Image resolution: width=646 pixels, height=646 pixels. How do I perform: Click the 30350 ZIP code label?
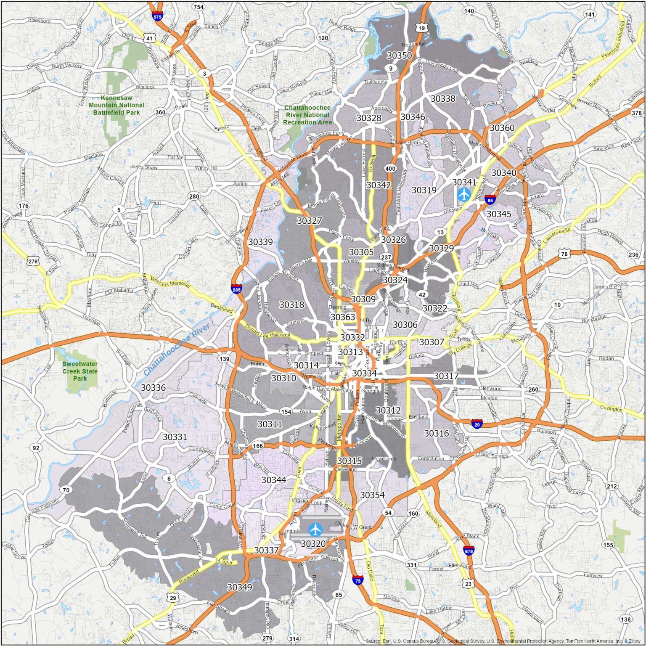[399, 56]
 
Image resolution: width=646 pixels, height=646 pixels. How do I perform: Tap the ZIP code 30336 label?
[153, 387]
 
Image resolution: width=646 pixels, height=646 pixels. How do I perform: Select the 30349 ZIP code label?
[239, 587]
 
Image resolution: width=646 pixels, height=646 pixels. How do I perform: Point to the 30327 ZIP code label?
[309, 220]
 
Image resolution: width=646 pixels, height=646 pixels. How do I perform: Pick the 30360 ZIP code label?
[502, 127]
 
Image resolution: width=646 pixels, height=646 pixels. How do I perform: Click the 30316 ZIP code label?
[436, 433]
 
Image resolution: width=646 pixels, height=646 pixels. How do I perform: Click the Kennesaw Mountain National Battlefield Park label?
[116, 105]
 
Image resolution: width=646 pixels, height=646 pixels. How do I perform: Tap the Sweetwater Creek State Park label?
[80, 371]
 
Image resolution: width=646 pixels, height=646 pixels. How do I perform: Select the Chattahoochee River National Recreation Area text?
[307, 115]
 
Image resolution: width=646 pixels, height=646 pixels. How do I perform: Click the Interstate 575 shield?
[157, 17]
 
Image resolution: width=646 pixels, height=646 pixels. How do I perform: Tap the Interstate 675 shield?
[469, 551]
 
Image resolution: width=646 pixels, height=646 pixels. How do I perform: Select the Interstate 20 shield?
[477, 424]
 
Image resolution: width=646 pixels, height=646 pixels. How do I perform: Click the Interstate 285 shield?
[236, 289]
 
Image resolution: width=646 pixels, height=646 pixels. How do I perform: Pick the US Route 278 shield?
[33, 261]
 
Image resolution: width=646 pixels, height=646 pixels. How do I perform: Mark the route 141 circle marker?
[590, 14]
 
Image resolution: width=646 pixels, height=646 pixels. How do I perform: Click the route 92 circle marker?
[36, 447]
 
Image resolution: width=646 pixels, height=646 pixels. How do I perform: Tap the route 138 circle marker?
[625, 619]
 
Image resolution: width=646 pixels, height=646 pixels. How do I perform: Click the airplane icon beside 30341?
[464, 194]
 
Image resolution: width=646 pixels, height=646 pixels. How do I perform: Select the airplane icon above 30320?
[315, 529]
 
